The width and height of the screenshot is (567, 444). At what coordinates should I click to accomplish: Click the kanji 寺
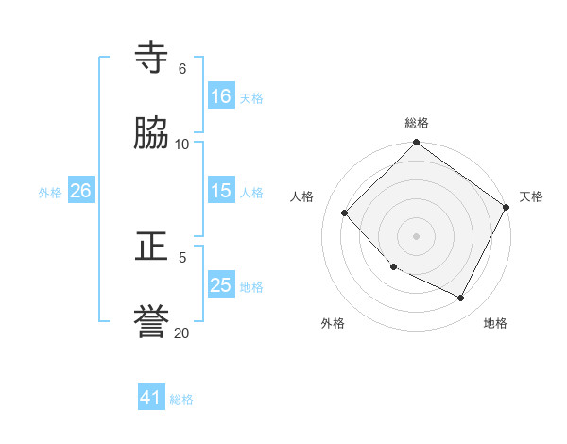[152, 58]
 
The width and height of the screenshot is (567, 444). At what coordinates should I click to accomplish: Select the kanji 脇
[152, 133]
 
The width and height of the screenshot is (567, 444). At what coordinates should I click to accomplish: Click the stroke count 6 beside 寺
[181, 68]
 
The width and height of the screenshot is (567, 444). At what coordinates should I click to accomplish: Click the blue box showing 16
[221, 96]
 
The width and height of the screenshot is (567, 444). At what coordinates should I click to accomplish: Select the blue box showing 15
[221, 191]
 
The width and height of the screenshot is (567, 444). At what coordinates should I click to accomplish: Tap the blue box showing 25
[221, 285]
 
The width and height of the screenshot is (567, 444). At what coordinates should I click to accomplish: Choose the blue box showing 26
[81, 191]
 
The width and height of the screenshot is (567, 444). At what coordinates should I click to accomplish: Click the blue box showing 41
[151, 398]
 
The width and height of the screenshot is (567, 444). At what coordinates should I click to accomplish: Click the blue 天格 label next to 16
[251, 97]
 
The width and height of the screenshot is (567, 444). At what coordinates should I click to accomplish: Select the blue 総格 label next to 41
[181, 400]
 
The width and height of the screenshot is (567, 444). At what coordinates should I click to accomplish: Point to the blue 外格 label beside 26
[50, 193]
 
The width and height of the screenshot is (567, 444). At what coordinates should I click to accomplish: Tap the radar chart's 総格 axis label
[416, 123]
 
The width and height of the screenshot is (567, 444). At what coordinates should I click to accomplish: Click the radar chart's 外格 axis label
[333, 323]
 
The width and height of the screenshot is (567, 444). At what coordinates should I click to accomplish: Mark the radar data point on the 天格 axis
[507, 207]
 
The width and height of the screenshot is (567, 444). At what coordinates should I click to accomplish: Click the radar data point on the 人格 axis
[345, 213]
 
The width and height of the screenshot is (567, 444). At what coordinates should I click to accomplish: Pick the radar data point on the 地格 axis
[461, 298]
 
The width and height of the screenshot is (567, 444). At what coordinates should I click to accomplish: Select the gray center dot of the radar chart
[416, 236]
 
